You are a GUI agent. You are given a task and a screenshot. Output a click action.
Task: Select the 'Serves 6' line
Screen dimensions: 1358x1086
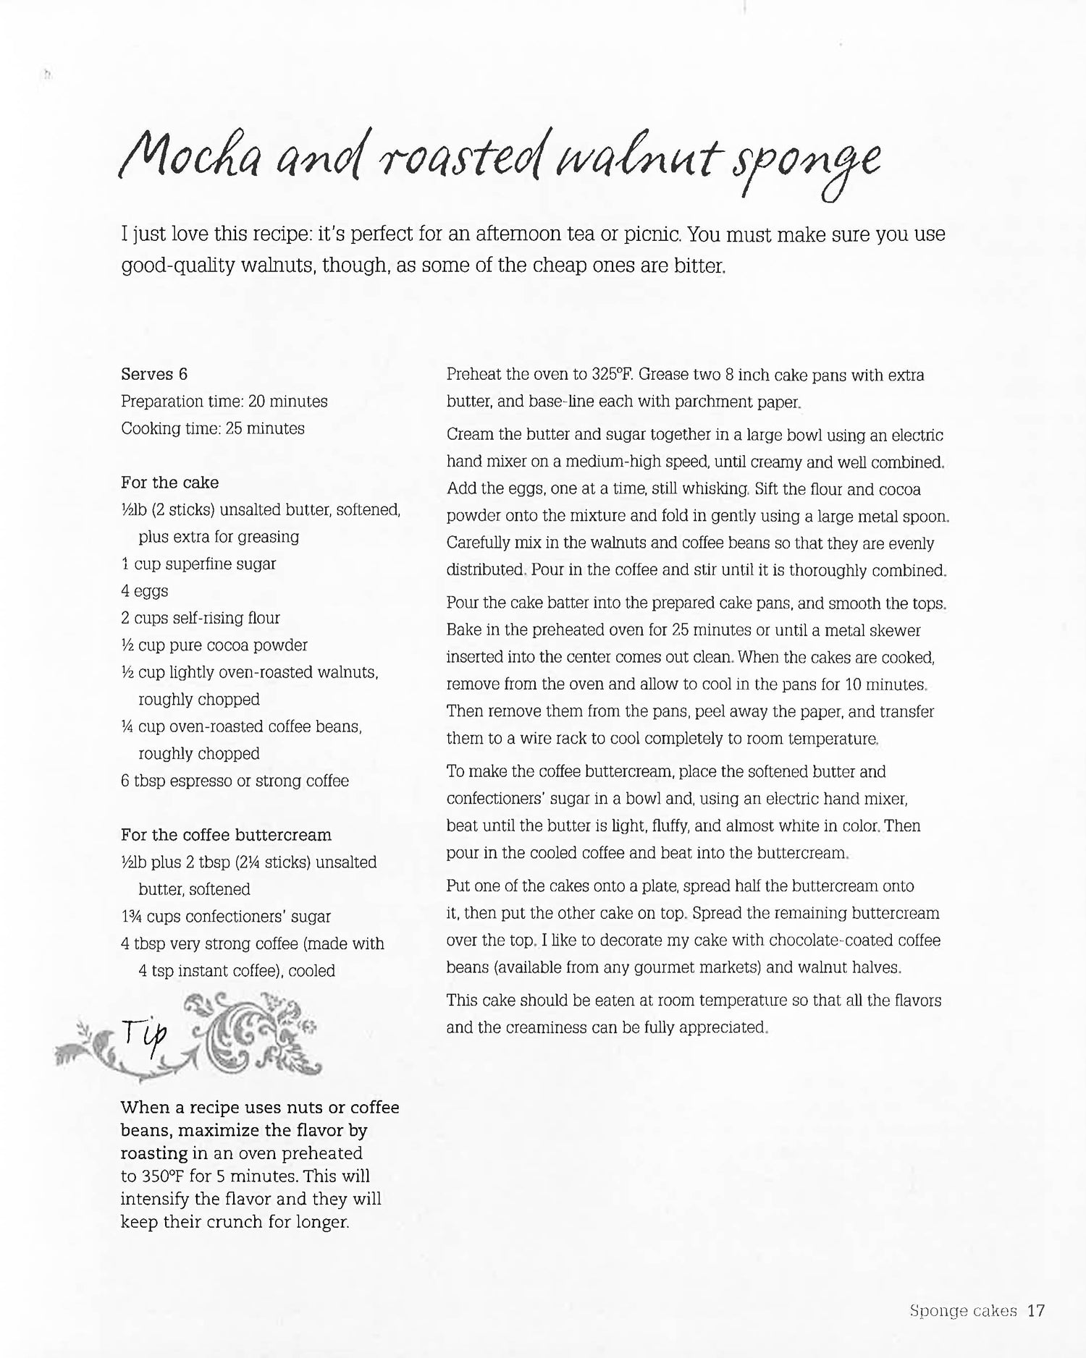click(154, 374)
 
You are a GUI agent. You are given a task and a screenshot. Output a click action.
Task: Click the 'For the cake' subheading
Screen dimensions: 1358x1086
click(169, 483)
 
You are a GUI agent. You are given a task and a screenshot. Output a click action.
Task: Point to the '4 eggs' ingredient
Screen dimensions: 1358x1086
click(145, 591)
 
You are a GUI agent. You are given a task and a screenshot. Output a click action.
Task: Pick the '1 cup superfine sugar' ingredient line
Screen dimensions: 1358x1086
click(198, 564)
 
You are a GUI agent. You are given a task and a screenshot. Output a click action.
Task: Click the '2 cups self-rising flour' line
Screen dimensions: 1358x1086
click(201, 618)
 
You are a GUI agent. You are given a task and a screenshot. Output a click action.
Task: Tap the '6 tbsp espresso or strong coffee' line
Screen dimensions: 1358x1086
click(235, 781)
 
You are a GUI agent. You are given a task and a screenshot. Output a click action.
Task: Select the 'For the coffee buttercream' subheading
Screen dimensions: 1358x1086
click(226, 835)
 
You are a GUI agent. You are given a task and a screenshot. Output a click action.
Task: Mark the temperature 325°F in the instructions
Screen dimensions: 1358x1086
click(613, 375)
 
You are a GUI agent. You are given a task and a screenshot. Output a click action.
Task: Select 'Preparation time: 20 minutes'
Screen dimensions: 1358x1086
click(224, 401)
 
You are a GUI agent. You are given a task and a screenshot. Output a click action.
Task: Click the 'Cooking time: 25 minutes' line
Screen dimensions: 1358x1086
click(213, 428)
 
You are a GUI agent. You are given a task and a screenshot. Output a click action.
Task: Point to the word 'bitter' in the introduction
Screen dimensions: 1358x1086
click(700, 266)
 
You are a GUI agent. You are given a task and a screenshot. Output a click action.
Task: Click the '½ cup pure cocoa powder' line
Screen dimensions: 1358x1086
click(214, 645)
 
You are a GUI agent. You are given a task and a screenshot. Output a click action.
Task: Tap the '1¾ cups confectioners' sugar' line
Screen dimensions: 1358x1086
click(226, 917)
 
